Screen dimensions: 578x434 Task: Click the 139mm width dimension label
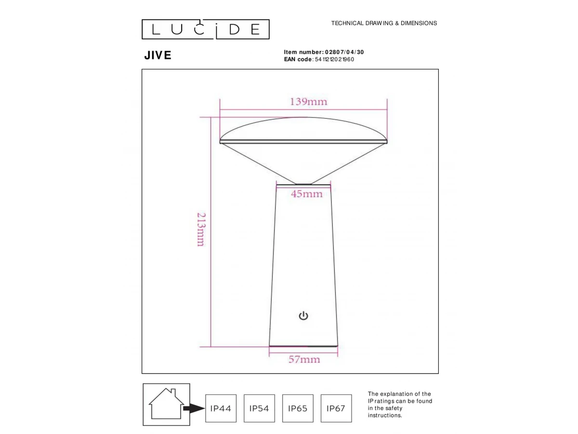(308, 102)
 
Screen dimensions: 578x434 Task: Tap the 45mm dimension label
(306, 194)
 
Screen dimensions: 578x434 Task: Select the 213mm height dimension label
(201, 230)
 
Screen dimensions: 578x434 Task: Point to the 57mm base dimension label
(304, 359)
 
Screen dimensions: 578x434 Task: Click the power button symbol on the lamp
(303, 316)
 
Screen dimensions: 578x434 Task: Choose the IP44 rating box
(221, 408)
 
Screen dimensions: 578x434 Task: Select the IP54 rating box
(259, 408)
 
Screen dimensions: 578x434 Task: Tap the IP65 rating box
(298, 408)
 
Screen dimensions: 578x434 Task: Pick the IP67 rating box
(336, 408)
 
